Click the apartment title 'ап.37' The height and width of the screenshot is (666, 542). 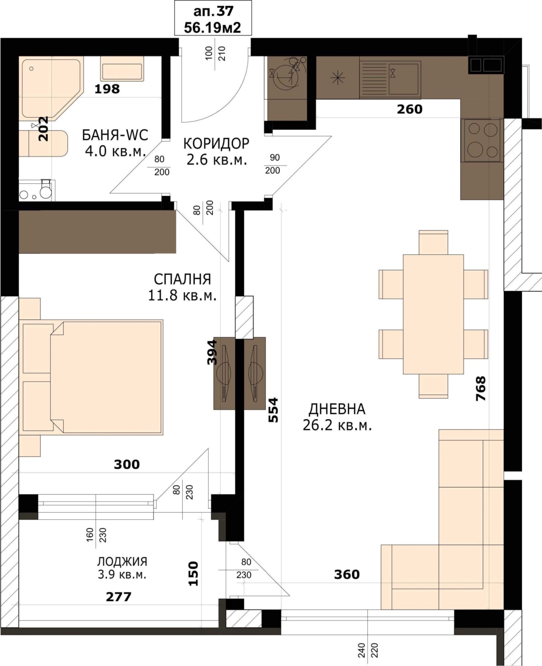213,11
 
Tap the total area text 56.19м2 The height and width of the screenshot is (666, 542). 212,27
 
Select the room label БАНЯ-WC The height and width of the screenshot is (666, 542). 115,135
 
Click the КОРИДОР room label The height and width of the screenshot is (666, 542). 216,143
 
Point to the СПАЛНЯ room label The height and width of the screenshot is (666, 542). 182,280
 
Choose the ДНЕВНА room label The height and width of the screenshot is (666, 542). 337,409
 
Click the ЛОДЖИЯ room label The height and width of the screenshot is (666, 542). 122,561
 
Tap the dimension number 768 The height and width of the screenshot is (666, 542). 481,388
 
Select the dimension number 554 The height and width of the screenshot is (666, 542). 273,410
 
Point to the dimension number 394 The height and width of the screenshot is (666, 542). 212,352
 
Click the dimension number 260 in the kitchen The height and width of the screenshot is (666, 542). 410,109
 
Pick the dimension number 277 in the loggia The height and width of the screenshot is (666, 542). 119,597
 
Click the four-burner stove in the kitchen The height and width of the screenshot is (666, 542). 482,140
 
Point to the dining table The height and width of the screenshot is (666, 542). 433,314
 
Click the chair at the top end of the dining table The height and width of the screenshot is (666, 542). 433,242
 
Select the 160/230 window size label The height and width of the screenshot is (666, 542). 96,535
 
